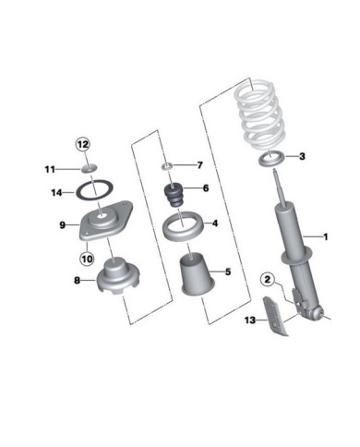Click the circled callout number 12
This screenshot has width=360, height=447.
click(x=82, y=144)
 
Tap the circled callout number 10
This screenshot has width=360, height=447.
click(x=87, y=259)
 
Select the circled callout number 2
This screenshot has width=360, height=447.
click(x=268, y=280)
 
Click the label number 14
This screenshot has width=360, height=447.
click(x=56, y=193)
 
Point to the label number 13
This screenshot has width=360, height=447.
click(x=250, y=320)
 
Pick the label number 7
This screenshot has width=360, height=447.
click(x=200, y=165)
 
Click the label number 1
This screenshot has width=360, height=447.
click(x=325, y=236)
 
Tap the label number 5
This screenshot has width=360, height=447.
click(x=228, y=272)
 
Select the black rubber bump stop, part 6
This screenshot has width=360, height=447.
click(x=174, y=196)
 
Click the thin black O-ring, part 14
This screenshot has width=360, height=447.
click(x=94, y=191)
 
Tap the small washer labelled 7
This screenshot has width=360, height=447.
click(x=167, y=166)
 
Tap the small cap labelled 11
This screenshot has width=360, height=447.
click(x=89, y=168)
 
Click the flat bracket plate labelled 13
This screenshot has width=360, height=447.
click(x=275, y=317)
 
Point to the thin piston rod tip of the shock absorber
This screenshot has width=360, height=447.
click(x=275, y=174)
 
